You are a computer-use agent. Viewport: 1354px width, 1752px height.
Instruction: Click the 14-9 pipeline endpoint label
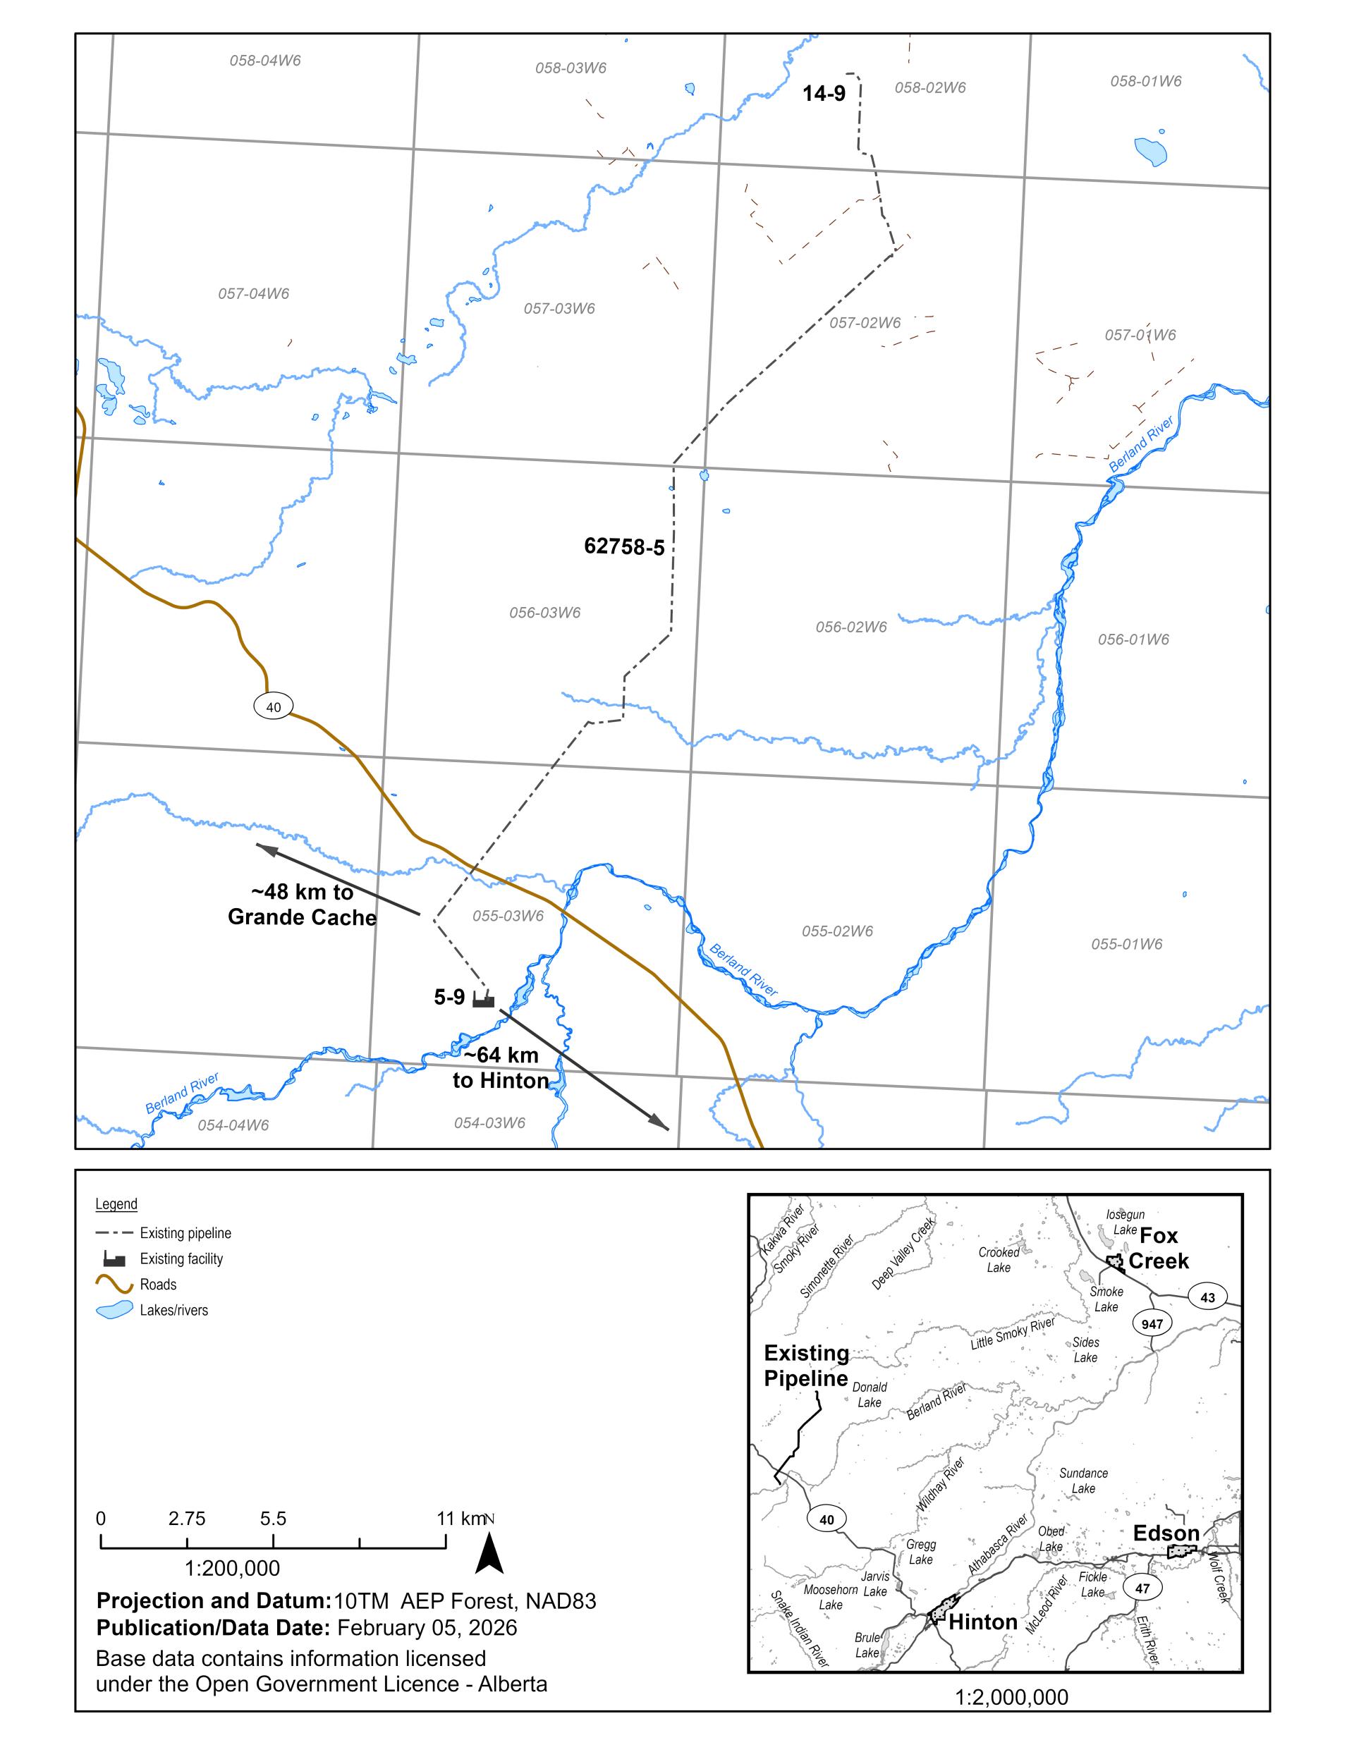pos(824,94)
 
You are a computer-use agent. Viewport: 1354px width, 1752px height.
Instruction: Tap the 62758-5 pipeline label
pos(623,546)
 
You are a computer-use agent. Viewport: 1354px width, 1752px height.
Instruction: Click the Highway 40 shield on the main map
pos(274,706)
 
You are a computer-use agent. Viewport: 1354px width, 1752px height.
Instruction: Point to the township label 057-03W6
pos(559,308)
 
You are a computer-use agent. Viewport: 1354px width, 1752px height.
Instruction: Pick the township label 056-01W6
pos(1133,639)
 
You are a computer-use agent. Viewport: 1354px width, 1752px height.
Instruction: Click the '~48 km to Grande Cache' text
pos(302,905)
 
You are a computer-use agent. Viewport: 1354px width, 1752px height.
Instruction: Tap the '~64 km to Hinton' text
pos(501,1067)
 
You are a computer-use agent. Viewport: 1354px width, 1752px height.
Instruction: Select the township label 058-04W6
pos(265,60)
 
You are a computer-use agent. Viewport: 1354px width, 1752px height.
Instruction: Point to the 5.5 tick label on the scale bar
pos(273,1519)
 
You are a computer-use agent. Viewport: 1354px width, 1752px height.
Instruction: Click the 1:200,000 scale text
pos(232,1568)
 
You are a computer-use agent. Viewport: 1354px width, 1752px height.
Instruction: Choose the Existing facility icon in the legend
pos(114,1258)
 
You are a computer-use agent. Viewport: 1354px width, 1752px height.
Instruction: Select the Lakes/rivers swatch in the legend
pos(114,1310)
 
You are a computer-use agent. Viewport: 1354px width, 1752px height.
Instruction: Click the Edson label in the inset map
pos(1166,1533)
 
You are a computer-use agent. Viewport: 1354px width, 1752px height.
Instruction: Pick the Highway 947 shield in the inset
pos(1152,1323)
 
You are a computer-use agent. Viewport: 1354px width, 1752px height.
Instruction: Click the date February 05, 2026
pos(427,1628)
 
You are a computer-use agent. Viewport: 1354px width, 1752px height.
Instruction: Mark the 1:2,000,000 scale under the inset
pos(1011,1698)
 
